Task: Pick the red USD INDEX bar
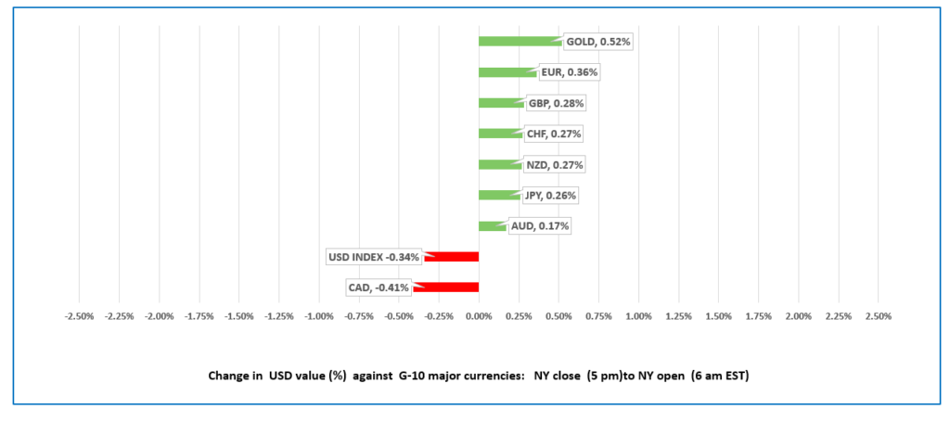[x=452, y=257]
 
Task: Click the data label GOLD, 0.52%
[x=598, y=42]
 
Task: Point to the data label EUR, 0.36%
[x=570, y=72]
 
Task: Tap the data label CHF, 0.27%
[x=553, y=134]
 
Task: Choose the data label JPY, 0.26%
[x=550, y=196]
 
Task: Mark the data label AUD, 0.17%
[x=538, y=226]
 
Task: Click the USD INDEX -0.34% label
[x=373, y=257]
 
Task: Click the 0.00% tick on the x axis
[x=479, y=316]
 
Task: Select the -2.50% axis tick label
[x=79, y=316]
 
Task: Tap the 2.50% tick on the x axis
[x=879, y=316]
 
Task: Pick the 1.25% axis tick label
[x=678, y=316]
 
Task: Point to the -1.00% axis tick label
[x=318, y=316]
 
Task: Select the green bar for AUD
[x=493, y=226]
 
